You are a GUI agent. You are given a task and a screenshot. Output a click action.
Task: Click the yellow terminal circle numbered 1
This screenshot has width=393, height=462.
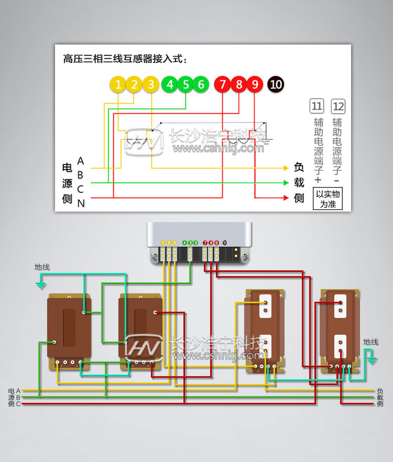click(119, 84)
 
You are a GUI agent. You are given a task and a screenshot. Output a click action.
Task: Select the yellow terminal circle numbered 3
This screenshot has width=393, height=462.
click(151, 84)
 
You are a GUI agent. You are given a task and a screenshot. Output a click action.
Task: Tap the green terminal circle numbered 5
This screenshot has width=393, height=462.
click(185, 84)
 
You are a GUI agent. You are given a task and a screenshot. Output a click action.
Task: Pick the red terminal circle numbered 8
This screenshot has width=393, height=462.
click(239, 84)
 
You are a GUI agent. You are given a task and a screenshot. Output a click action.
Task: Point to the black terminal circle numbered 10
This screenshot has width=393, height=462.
click(276, 84)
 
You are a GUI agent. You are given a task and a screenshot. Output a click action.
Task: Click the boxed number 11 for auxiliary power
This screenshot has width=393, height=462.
click(316, 107)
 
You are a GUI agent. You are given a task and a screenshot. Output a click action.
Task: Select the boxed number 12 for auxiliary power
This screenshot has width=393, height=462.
click(339, 107)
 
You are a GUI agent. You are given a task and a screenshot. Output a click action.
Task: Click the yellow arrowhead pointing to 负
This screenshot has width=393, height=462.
click(286, 168)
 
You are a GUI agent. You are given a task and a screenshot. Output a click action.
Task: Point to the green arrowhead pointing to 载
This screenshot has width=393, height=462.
click(286, 183)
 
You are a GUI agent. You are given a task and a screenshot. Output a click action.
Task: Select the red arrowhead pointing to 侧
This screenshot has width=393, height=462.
click(286, 198)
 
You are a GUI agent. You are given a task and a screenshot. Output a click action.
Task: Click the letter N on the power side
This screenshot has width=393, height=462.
click(81, 204)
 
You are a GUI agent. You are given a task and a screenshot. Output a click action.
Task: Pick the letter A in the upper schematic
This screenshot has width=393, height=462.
click(80, 160)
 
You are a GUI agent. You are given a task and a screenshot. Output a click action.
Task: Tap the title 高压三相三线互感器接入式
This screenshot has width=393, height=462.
click(125, 59)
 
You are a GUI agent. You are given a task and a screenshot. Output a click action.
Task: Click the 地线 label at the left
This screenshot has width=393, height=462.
click(42, 267)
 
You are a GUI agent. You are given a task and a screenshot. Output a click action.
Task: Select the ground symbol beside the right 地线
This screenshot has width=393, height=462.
click(373, 359)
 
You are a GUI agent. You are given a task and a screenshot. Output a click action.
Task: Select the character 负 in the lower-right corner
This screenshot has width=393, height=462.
click(380, 391)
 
